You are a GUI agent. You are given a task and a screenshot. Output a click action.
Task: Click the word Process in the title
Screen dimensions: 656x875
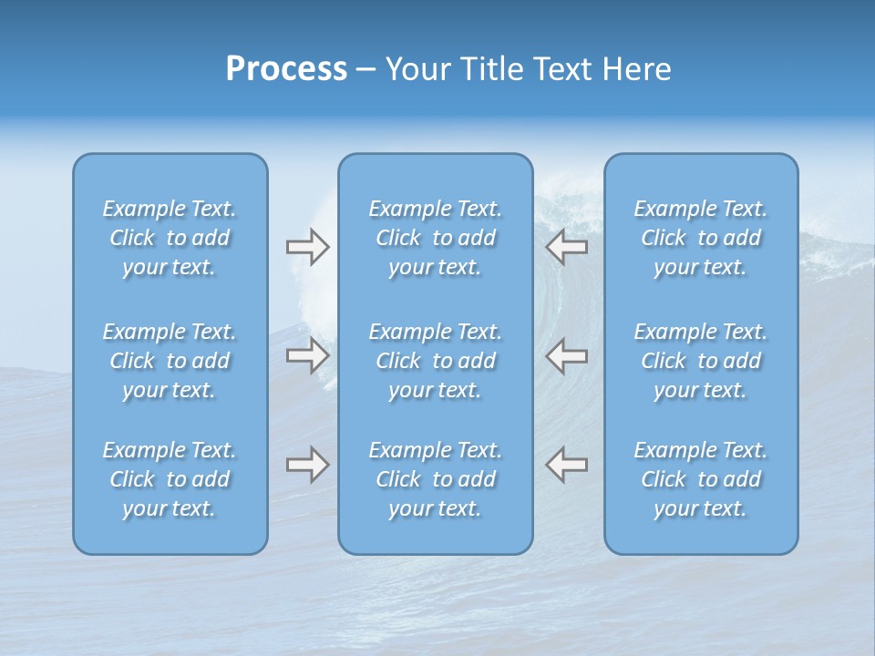[286, 69]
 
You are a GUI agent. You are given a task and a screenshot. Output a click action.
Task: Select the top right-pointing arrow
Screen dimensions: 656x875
[307, 247]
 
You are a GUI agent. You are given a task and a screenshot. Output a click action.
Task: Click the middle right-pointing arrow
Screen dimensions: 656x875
[307, 355]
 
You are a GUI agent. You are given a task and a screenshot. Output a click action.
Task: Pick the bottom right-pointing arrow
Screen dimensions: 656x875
[307, 465]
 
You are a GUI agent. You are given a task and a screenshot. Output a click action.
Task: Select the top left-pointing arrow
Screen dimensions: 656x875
[567, 247]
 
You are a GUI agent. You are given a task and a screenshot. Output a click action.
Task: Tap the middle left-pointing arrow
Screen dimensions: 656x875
[567, 355]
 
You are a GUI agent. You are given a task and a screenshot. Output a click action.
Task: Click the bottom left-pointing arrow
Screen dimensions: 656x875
[567, 465]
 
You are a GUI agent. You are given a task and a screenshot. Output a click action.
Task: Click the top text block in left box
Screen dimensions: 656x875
[170, 238]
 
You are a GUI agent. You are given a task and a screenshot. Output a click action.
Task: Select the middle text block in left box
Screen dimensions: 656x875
[170, 361]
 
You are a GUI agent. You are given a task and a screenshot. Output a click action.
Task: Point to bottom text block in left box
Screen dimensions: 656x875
[170, 479]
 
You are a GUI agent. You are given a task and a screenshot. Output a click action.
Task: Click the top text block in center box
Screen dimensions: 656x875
[436, 238]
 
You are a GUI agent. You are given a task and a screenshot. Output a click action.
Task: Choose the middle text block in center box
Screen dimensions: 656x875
[436, 361]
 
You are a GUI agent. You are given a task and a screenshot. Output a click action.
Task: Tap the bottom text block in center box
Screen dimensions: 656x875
[436, 479]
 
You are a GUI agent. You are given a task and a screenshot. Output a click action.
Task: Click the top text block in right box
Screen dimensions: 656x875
[701, 238]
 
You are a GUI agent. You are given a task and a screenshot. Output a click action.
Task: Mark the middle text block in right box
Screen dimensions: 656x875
[701, 361]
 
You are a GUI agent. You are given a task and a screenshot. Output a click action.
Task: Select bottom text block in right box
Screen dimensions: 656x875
[701, 479]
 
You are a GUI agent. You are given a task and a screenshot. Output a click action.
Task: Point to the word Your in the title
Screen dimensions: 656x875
[415, 69]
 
